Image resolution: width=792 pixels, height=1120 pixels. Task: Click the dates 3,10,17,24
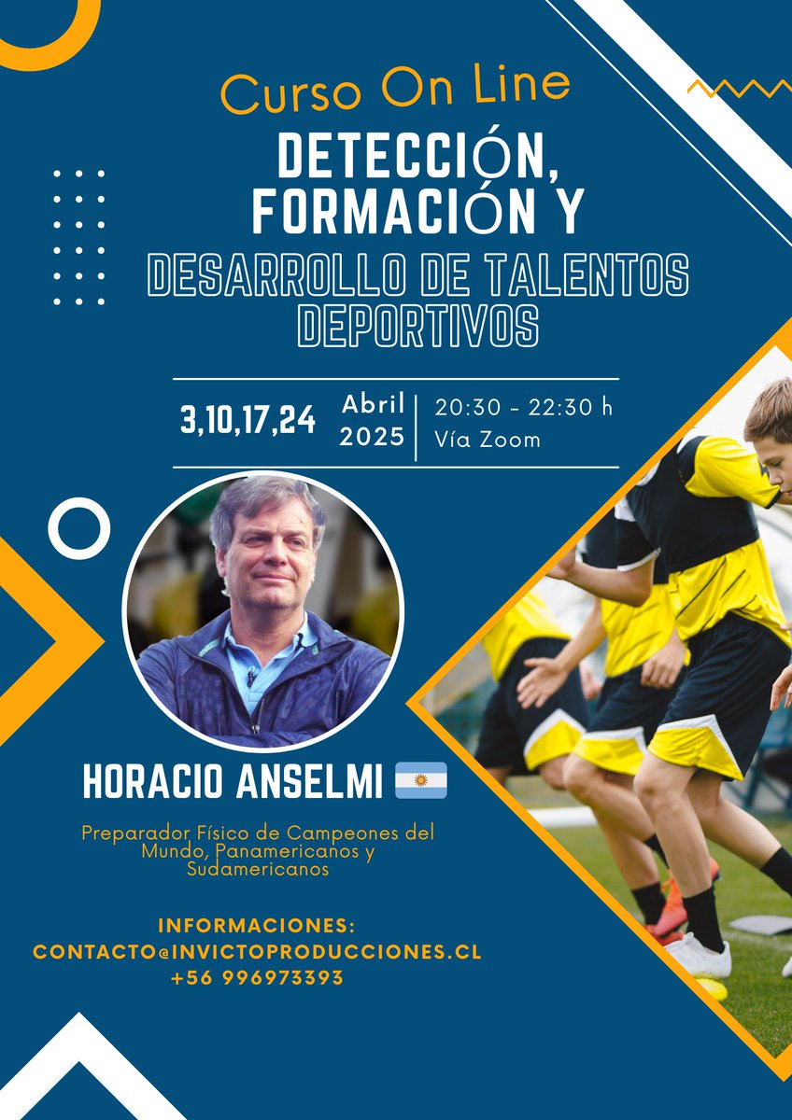pos(247,419)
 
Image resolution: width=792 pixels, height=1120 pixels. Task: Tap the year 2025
pos(372,436)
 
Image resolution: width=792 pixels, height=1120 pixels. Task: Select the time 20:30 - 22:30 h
pos(524,407)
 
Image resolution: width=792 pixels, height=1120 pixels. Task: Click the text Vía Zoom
pos(488,440)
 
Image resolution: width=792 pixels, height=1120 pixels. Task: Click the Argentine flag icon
pos(421,780)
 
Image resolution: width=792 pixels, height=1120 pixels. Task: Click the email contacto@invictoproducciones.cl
pos(257,952)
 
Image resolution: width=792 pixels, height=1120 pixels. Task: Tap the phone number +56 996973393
pos(257,978)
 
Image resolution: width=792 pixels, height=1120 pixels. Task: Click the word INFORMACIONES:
pos(257,926)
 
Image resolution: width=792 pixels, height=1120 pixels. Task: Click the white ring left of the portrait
pos(79,528)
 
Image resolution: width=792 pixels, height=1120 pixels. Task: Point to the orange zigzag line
pos(739,89)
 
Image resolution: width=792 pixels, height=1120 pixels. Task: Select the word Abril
pos(373,404)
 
